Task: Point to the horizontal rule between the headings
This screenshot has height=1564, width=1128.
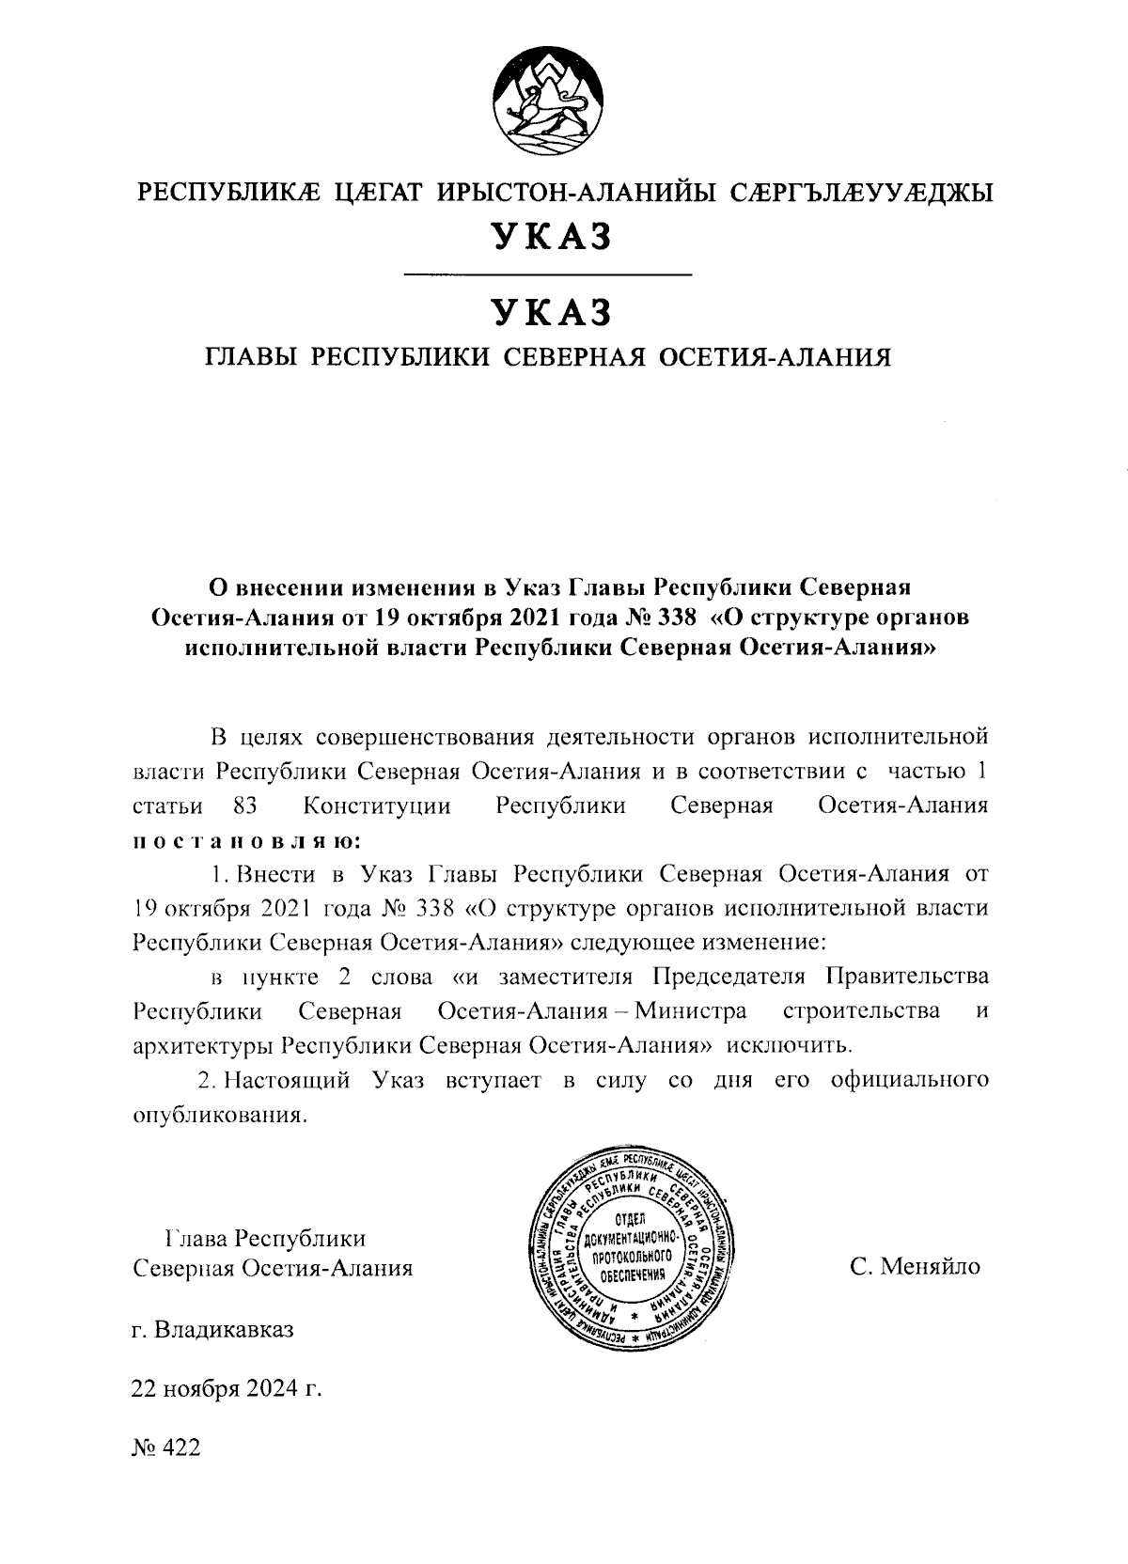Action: click(547, 274)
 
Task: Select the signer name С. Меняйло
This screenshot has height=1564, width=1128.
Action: click(915, 1268)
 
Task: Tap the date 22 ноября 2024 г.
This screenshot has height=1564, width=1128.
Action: click(226, 1387)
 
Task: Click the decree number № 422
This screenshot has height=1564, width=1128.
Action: click(166, 1447)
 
